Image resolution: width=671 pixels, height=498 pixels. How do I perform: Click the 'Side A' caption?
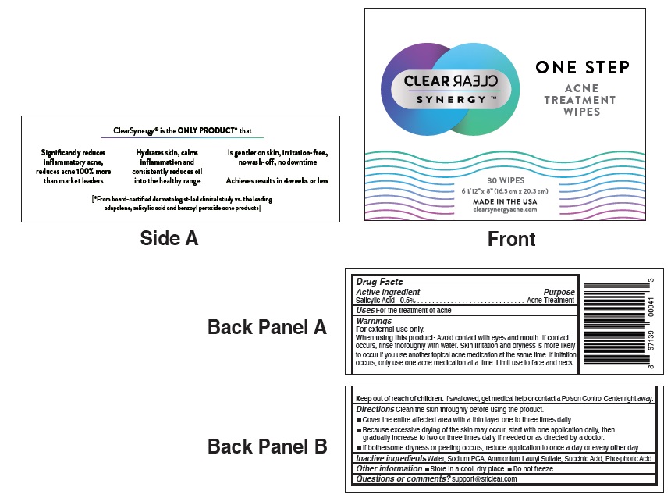tap(169, 238)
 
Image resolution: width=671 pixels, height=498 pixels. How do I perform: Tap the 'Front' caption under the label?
tap(511, 239)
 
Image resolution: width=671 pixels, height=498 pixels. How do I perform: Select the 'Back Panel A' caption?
tap(267, 327)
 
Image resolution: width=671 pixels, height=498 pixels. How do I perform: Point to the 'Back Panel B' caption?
tap(267, 446)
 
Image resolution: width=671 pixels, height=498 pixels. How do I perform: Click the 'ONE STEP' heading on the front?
tap(582, 68)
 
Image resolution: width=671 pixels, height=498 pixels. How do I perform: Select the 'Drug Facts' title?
tap(380, 282)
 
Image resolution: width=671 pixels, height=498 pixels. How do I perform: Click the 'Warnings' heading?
tap(374, 321)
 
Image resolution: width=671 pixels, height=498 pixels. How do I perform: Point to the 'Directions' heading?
tap(375, 409)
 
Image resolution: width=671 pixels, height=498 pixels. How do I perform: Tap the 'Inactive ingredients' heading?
tap(391, 459)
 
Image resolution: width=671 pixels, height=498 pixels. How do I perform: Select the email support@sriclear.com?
tap(485, 478)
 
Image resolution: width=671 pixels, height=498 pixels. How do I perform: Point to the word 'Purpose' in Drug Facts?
tap(559, 292)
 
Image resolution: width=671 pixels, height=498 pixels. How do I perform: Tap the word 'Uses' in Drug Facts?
tap(365, 311)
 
